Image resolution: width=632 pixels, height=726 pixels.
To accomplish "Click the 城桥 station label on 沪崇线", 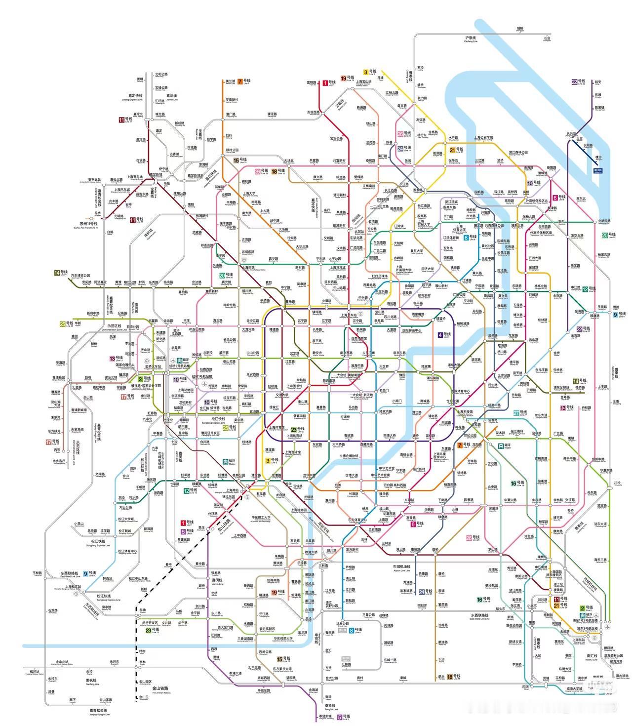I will tap(520, 29).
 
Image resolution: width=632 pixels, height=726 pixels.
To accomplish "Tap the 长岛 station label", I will tap(547, 38).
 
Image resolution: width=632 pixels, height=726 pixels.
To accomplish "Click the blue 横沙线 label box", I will tap(599, 171).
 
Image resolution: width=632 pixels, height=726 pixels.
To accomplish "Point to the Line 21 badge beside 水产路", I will tap(452, 150).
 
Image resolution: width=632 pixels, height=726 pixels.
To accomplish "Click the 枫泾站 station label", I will tap(35, 672).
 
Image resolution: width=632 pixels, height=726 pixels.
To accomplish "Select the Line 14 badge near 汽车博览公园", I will tap(57, 273).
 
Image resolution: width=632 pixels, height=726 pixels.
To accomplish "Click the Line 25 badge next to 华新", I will tap(63, 324).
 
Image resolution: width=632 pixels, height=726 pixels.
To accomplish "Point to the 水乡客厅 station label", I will tap(59, 462).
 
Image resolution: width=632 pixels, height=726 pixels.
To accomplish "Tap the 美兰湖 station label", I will tap(230, 81).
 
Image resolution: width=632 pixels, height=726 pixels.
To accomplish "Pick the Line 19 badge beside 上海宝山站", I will tap(343, 78).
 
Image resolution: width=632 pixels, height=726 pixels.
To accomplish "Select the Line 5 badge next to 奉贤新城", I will tap(340, 717).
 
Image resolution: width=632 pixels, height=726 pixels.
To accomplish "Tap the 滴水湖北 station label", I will tap(622, 676).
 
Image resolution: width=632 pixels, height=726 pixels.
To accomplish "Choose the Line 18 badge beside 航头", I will tap(450, 677).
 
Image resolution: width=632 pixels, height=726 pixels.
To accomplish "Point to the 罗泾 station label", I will tap(420, 68).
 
